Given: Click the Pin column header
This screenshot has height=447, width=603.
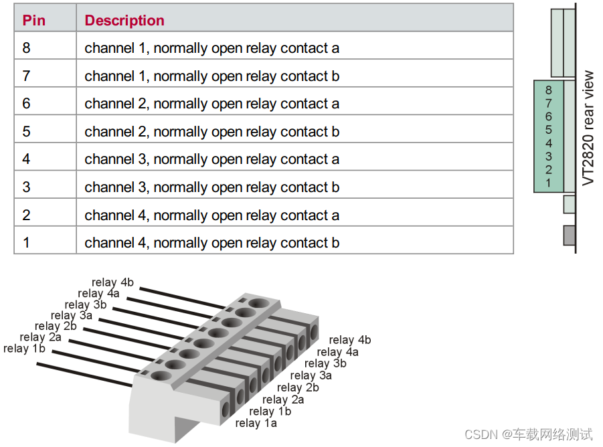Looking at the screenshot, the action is [x=34, y=20].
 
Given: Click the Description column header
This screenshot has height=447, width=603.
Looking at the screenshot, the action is [x=124, y=20].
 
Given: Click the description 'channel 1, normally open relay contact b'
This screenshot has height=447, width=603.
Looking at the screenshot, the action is [x=212, y=76].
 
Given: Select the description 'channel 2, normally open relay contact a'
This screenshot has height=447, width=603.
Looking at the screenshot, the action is [x=212, y=104].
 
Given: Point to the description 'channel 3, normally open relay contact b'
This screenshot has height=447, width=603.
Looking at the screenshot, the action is [x=212, y=187].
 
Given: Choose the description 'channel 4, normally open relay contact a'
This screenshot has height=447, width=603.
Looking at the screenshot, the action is [x=212, y=215].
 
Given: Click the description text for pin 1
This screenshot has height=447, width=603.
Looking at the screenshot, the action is [x=212, y=243].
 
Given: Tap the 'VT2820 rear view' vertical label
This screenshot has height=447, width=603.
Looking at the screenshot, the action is [x=588, y=128].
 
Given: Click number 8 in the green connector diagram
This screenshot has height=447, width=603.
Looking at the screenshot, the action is [x=548, y=90].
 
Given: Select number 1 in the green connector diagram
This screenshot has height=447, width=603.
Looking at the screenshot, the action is [x=548, y=183].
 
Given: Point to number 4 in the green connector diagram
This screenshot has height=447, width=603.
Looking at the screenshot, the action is [x=548, y=143].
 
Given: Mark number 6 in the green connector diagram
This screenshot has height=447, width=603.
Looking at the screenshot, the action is [x=548, y=116].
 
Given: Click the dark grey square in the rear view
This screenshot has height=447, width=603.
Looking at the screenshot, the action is [x=569, y=236].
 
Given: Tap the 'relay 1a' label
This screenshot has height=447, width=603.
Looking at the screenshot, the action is [x=256, y=423].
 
